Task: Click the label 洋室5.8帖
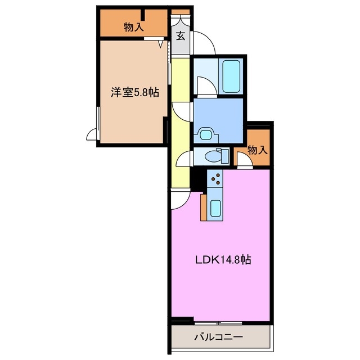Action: point(134,93)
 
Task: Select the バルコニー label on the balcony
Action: point(218,338)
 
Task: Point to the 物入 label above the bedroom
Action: point(133,26)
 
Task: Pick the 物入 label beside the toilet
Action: point(257,150)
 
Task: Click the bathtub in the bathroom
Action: point(231,76)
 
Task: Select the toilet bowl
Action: point(215,156)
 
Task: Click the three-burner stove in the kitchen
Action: point(215,179)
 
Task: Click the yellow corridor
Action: point(181,124)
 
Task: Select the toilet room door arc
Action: point(183,159)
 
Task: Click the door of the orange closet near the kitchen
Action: point(244,161)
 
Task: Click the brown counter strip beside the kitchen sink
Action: point(203,208)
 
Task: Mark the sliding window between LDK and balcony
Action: point(219,323)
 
